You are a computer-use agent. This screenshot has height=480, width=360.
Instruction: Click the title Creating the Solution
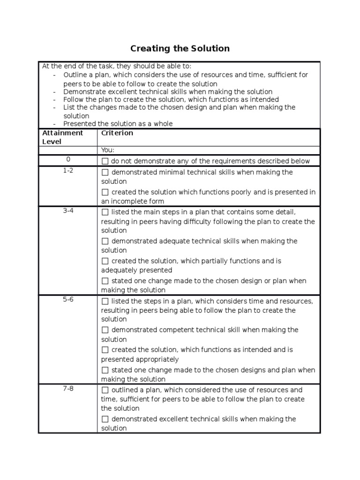coord(180,48)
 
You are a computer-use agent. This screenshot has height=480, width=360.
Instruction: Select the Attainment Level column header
coord(62,137)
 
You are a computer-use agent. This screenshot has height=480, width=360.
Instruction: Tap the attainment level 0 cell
coord(68,160)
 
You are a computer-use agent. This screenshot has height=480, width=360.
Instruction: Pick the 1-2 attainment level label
coord(68,171)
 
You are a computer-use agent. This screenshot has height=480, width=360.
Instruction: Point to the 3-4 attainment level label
coord(68,210)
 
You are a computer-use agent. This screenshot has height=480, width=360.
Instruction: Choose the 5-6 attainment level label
coord(68,299)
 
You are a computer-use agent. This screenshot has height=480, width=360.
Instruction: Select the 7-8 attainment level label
coord(68,388)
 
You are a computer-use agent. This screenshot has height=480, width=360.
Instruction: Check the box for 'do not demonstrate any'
coord(105,161)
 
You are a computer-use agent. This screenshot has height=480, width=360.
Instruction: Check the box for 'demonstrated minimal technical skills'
coord(105,172)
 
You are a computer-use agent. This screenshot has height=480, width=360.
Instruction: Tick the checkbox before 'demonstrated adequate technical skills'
coord(105,241)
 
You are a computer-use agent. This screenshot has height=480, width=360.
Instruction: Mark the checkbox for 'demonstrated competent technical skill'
coord(105,330)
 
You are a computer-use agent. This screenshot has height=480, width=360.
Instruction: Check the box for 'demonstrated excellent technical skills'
coord(105,419)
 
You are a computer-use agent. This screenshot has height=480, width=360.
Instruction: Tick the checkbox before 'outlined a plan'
coord(105,390)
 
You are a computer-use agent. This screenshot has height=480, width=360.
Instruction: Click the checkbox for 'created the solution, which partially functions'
coord(105,261)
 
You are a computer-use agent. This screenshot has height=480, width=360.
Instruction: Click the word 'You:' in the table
coord(108,150)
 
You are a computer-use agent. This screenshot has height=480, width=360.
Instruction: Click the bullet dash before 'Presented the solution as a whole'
coord(55,124)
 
